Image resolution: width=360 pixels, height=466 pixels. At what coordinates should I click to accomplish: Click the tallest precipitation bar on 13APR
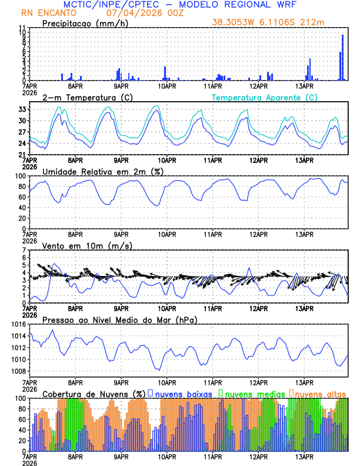(x=343, y=58)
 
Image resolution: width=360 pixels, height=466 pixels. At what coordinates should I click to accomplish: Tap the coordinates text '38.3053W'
(x=232, y=22)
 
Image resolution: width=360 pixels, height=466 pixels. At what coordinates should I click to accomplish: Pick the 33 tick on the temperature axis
(x=21, y=109)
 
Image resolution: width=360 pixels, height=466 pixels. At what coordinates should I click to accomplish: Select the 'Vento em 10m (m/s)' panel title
(x=87, y=245)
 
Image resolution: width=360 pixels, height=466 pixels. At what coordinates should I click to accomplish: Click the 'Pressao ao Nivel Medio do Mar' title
(x=119, y=319)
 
